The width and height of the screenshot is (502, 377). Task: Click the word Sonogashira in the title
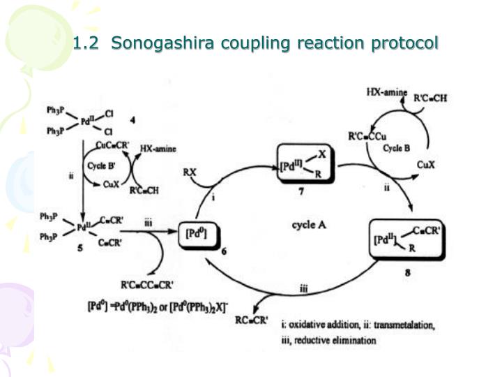tap(162, 43)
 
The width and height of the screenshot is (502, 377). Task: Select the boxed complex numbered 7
tap(305, 163)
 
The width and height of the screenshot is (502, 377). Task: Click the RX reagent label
tap(189, 172)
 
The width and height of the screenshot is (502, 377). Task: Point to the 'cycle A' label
tap(309, 225)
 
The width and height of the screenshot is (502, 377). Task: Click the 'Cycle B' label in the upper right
tap(396, 148)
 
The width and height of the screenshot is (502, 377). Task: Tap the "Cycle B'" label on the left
tap(101, 165)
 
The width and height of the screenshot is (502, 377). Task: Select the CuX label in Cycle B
tap(426, 165)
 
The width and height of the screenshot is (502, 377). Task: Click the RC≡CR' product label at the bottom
tap(251, 320)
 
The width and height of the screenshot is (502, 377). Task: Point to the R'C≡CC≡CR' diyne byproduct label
tap(147, 285)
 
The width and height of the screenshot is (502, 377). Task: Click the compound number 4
tap(132, 120)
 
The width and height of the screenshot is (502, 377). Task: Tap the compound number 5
tap(80, 247)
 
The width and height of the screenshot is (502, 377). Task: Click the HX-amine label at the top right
tap(387, 93)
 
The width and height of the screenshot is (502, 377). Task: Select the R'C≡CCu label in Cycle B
tap(367, 137)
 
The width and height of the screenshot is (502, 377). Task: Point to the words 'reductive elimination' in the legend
tap(335, 340)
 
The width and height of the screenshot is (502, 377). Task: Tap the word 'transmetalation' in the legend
tap(404, 325)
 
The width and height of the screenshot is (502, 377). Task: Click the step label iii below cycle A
tap(303, 289)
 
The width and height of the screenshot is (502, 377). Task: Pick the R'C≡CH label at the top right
tap(430, 98)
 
